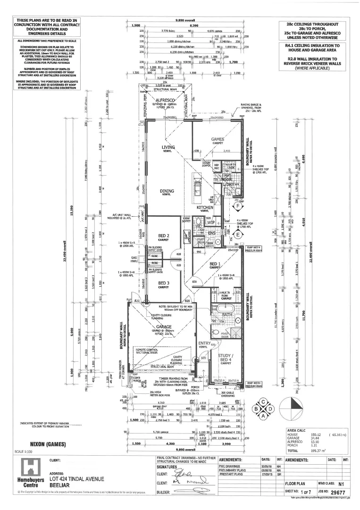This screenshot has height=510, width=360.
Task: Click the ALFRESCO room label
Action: pyautogui.click(x=166, y=100)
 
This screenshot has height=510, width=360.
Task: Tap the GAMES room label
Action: pyautogui.click(x=218, y=139)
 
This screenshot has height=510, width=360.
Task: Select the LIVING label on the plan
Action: pyautogui.click(x=168, y=147)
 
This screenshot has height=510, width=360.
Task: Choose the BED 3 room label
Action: pyautogui.click(x=163, y=284)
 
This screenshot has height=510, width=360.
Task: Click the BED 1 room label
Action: pyautogui.click(x=215, y=264)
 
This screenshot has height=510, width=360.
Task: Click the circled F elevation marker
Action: pyautogui.click(x=238, y=207)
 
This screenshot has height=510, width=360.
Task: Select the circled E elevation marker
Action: pyautogui.click(x=238, y=235)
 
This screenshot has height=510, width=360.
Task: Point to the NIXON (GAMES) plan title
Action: pyautogui.click(x=48, y=444)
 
